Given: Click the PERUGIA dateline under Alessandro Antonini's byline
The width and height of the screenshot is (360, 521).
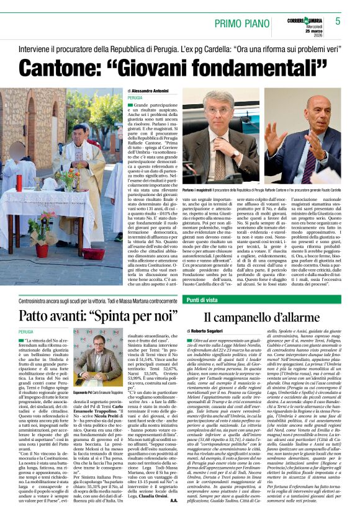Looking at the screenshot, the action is click(x=135, y=98).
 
